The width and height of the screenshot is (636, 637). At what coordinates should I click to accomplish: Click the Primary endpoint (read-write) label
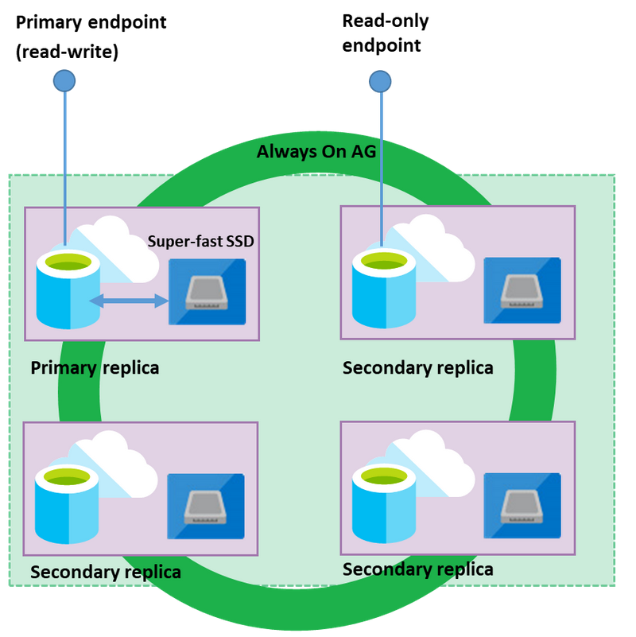(x=91, y=36)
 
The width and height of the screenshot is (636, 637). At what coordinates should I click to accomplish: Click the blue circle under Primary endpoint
(x=64, y=80)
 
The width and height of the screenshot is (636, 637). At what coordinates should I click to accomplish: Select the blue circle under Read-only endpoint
(x=380, y=80)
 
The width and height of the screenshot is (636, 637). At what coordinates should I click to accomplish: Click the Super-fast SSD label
(x=201, y=241)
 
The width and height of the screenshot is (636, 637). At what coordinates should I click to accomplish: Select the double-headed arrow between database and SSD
(x=129, y=300)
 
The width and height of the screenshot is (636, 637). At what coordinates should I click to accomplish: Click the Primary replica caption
(x=95, y=368)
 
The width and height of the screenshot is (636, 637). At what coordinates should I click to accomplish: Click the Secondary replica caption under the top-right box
(x=417, y=368)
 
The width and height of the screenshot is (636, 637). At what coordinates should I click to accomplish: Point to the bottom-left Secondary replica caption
(x=105, y=572)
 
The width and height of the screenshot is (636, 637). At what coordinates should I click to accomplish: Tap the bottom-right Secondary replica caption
(x=417, y=569)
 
